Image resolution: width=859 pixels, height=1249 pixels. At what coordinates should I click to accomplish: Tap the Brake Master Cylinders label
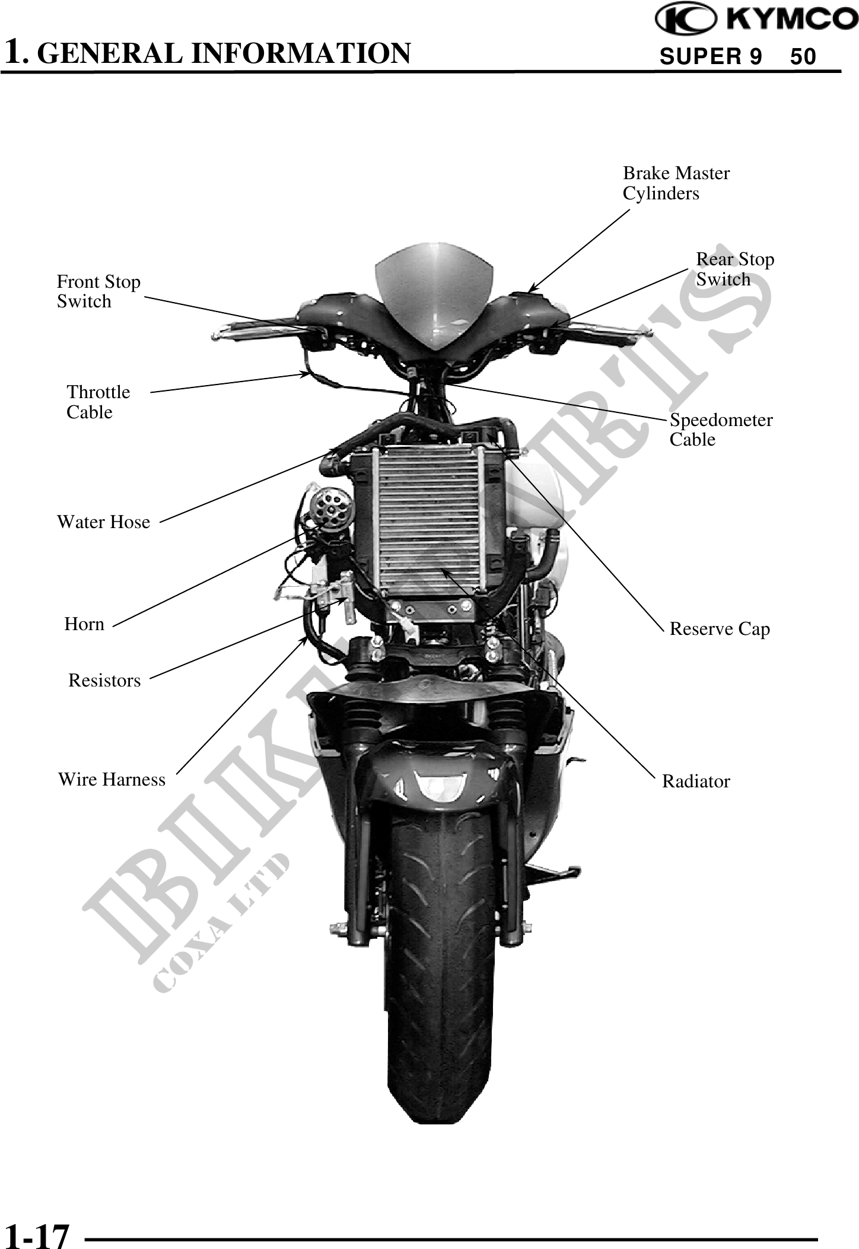click(x=676, y=183)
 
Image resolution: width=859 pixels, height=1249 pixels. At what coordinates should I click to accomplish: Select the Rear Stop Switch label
click(x=734, y=269)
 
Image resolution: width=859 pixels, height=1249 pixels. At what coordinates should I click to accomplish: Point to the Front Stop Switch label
click(x=98, y=291)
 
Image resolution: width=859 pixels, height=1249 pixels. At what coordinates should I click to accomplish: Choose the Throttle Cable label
click(x=98, y=402)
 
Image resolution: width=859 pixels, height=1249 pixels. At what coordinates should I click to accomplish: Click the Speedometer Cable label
click(x=721, y=430)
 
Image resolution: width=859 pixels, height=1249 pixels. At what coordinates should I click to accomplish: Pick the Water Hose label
click(x=103, y=522)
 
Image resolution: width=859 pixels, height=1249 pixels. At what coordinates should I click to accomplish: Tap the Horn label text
click(x=84, y=624)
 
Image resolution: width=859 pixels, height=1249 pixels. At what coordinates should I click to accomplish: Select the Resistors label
click(x=104, y=680)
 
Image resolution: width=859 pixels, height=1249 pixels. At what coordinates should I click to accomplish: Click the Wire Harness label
click(x=112, y=779)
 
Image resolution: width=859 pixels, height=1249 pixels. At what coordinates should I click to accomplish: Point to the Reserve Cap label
click(x=720, y=629)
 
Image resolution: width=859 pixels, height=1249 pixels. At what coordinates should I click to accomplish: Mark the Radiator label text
click(x=696, y=781)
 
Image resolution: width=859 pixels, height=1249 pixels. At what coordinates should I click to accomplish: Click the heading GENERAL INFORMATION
click(x=227, y=53)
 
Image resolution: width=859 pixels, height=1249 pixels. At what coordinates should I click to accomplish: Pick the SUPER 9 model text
click(x=711, y=57)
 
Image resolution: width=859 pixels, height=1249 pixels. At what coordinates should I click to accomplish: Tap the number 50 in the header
click(x=804, y=57)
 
